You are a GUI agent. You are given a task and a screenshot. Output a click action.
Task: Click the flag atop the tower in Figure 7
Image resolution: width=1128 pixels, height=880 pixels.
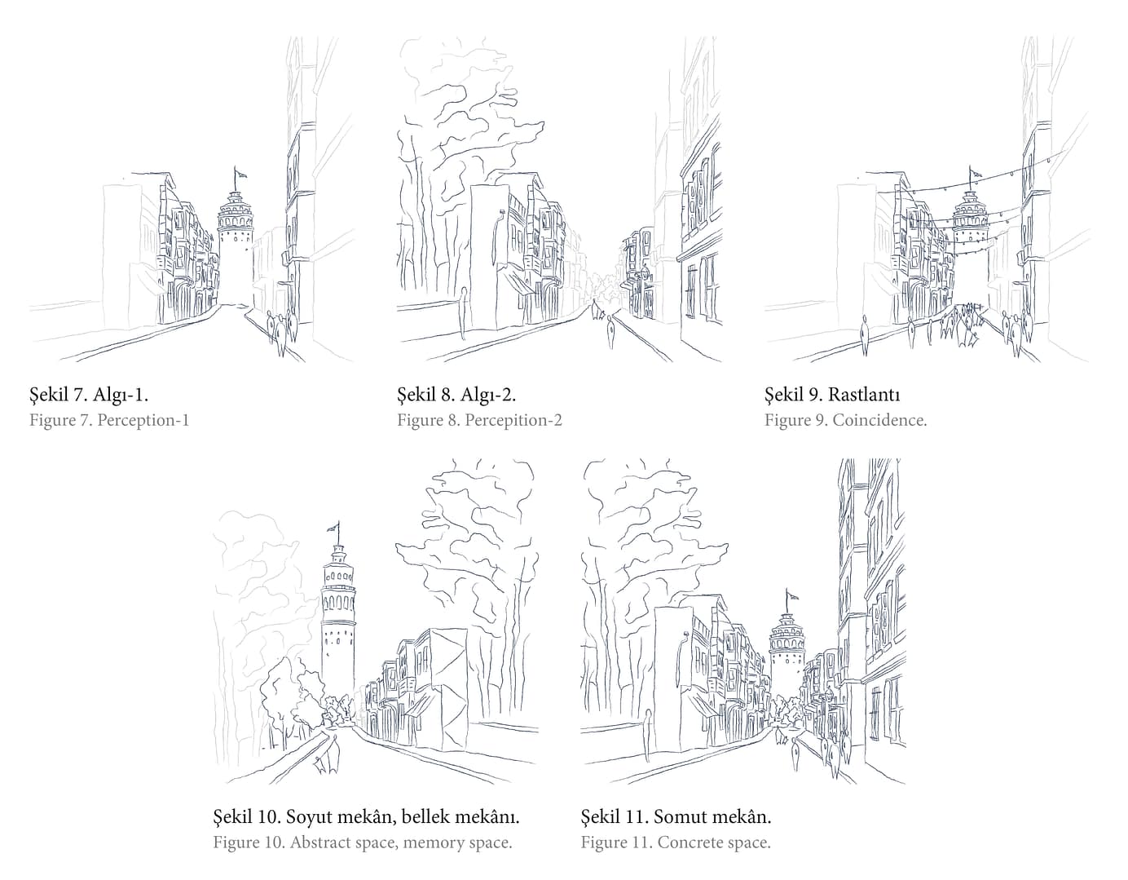(239, 173)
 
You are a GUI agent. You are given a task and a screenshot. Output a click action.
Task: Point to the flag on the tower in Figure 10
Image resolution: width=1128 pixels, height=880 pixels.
(333, 528)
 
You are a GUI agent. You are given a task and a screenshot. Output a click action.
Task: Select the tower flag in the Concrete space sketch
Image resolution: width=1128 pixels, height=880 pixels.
(791, 596)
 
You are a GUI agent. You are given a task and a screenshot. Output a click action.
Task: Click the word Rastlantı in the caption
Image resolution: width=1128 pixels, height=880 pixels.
(864, 395)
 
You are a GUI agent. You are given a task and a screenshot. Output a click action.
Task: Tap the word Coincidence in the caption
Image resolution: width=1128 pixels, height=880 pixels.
(879, 420)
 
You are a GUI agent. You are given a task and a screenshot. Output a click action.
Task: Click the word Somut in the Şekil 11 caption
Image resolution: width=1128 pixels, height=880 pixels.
(677, 816)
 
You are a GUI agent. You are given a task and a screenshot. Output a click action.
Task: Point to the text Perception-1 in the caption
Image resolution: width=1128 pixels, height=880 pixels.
(143, 420)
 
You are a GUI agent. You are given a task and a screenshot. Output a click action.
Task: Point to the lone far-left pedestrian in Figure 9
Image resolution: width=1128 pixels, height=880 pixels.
(864, 335)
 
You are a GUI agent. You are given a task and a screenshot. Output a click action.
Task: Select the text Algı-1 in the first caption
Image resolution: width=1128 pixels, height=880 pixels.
(121, 395)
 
